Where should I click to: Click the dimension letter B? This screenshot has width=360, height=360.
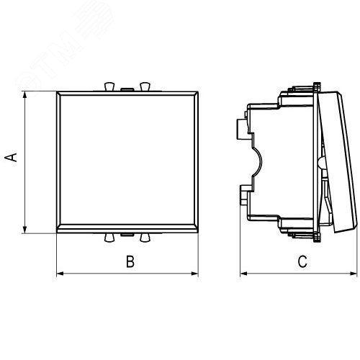pos(130,262)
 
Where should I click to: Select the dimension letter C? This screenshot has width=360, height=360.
pos(302,262)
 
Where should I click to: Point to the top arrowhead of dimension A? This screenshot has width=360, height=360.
pos(24,94)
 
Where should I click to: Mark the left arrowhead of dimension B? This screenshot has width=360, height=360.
pos(59,273)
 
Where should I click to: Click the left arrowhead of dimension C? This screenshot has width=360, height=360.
pos(243,273)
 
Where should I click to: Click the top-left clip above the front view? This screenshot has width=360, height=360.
pos(109,86)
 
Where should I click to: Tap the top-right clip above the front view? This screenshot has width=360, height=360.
pos(144,86)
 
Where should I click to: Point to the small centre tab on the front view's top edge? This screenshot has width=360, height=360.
pos(127,89)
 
